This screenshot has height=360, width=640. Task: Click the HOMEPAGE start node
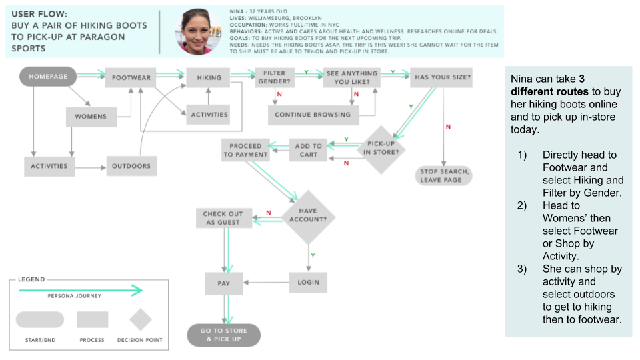pyautogui.click(x=48, y=77)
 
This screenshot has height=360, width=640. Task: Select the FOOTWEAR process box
pyautogui.click(x=131, y=77)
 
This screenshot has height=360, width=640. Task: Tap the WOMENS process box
pyautogui.click(x=91, y=116)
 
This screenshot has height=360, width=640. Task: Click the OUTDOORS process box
pyautogui.click(x=131, y=166)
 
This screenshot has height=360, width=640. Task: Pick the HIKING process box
pyautogui.click(x=209, y=77)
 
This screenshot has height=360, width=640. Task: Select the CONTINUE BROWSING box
pyautogui.click(x=313, y=115)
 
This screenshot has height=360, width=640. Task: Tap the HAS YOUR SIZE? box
pyautogui.click(x=443, y=77)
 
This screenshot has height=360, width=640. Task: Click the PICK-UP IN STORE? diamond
pyautogui.click(x=382, y=150)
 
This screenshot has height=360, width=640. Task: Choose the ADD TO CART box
pyautogui.click(x=309, y=150)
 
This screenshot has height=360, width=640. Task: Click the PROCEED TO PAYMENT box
pyautogui.click(x=246, y=150)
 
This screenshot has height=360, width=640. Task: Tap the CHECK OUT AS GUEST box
pyautogui.click(x=223, y=218)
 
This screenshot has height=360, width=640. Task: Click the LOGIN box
pyautogui.click(x=309, y=282)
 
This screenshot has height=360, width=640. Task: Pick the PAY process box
pyautogui.click(x=224, y=283)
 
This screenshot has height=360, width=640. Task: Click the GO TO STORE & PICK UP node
pyautogui.click(x=223, y=335)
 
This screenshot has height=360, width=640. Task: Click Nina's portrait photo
pyautogui.click(x=198, y=32)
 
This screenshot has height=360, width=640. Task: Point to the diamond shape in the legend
pyautogui.click(x=141, y=320)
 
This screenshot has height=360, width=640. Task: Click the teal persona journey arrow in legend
pyautogui.click(x=80, y=290)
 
